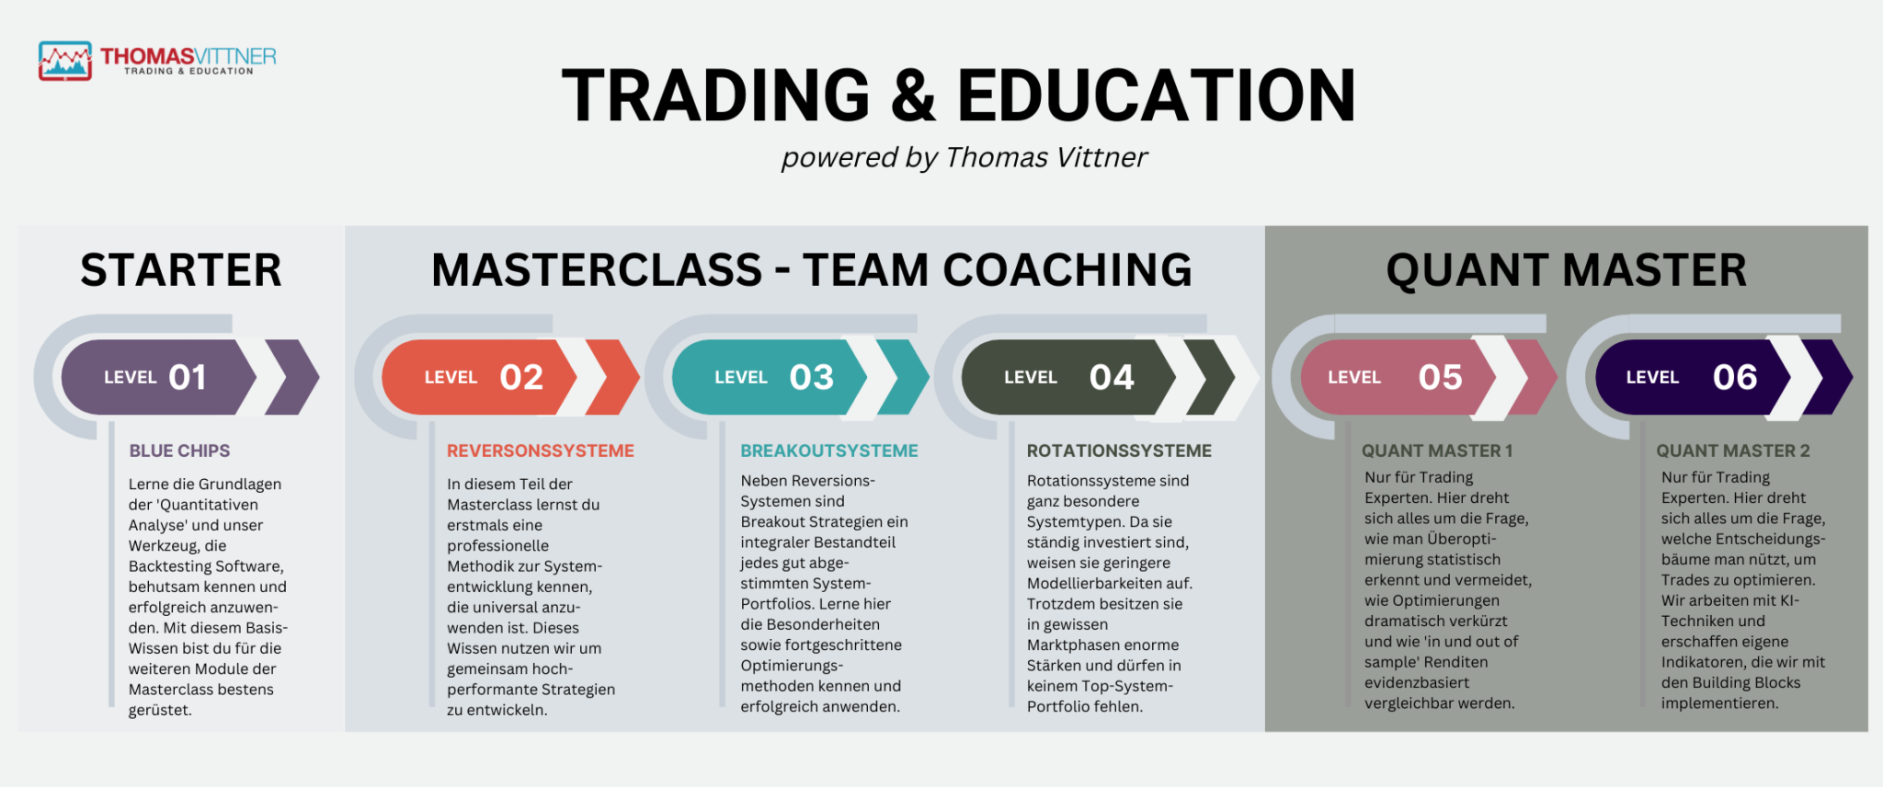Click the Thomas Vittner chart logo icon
65,61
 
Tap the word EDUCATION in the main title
1157,95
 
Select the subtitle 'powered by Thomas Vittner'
964,157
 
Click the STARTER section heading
181,270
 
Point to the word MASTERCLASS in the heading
597,270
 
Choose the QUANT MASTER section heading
1567,270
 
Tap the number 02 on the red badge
521,377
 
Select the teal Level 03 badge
769,377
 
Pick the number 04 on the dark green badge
1112,377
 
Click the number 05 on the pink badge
1440,377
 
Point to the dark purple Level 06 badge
1693,377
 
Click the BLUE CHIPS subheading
179,451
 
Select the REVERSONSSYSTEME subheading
541,451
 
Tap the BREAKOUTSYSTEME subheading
829,451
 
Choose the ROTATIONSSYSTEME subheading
1119,451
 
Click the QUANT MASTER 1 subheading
1437,451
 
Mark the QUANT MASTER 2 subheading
1733,451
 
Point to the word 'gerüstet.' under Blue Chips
160,711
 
